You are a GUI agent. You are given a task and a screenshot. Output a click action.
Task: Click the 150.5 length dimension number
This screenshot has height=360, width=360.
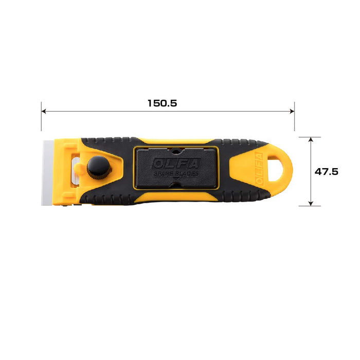click(x=162, y=103)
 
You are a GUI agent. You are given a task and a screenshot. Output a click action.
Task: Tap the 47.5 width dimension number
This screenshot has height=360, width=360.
click(x=326, y=172)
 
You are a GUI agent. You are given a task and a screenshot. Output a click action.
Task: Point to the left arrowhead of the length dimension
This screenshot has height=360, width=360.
click(x=44, y=111)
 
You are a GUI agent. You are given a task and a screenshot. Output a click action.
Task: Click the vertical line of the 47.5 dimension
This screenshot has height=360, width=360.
click(x=311, y=154)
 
